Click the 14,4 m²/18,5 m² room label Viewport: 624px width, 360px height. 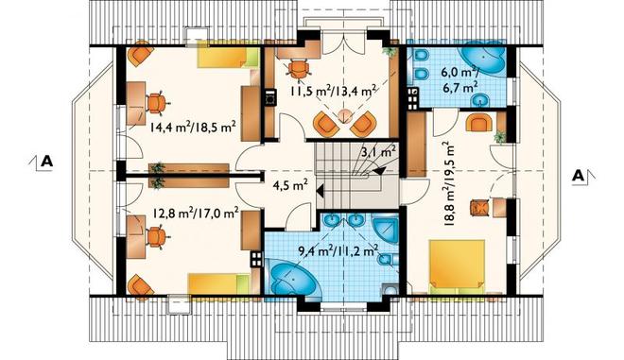coord(194,128)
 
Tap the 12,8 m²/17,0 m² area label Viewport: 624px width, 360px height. coord(196,214)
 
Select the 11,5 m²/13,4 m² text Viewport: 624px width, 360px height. coord(334,92)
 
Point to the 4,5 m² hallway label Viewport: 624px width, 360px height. coord(290,185)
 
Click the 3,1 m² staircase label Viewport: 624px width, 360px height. coord(378,151)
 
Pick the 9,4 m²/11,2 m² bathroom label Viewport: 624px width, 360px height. coord(338,251)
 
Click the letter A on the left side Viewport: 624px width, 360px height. coord(46,162)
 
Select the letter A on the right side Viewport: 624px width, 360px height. coord(579,176)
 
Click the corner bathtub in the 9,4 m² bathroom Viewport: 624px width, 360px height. coord(293,280)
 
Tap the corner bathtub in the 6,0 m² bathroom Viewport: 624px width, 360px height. coord(483,59)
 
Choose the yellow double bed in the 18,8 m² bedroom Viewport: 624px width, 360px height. coord(458,266)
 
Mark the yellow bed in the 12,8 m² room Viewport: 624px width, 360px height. coord(218,284)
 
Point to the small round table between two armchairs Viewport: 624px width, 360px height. coord(345,116)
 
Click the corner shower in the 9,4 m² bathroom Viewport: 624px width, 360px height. coord(385,229)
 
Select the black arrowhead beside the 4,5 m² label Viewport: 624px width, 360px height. coord(320,191)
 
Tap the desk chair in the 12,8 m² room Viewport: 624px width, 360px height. coord(157,237)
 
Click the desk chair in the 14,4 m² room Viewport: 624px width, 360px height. coord(157,103)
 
